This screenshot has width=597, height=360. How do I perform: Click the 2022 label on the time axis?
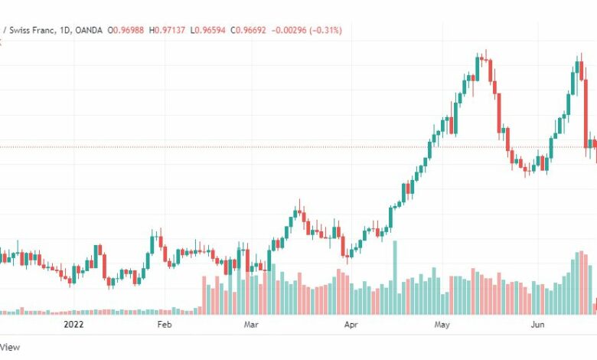point(73,325)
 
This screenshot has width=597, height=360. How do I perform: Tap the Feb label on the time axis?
point(165,325)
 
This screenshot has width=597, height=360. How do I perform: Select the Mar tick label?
point(251,325)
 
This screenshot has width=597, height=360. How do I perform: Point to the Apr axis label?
point(351,325)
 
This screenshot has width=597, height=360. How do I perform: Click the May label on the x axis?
point(442,325)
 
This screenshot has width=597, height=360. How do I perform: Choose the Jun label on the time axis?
point(537,325)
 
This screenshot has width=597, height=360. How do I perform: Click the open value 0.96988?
point(129,30)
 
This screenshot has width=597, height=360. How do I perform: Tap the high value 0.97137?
point(170,30)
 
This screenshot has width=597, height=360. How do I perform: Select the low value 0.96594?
point(210,30)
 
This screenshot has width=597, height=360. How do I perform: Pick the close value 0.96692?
point(251,30)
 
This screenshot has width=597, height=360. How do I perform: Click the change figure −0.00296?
point(289,30)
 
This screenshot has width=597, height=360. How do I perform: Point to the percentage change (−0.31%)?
point(325,30)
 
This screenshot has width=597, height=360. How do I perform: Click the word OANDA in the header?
point(89,30)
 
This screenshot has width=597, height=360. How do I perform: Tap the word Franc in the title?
point(44,30)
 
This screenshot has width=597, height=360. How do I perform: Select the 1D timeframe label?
point(65,30)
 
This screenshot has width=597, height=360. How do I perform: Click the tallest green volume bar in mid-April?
point(395,277)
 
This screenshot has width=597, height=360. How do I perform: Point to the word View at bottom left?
point(10,347)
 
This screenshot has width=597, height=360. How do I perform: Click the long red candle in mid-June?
point(586,113)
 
